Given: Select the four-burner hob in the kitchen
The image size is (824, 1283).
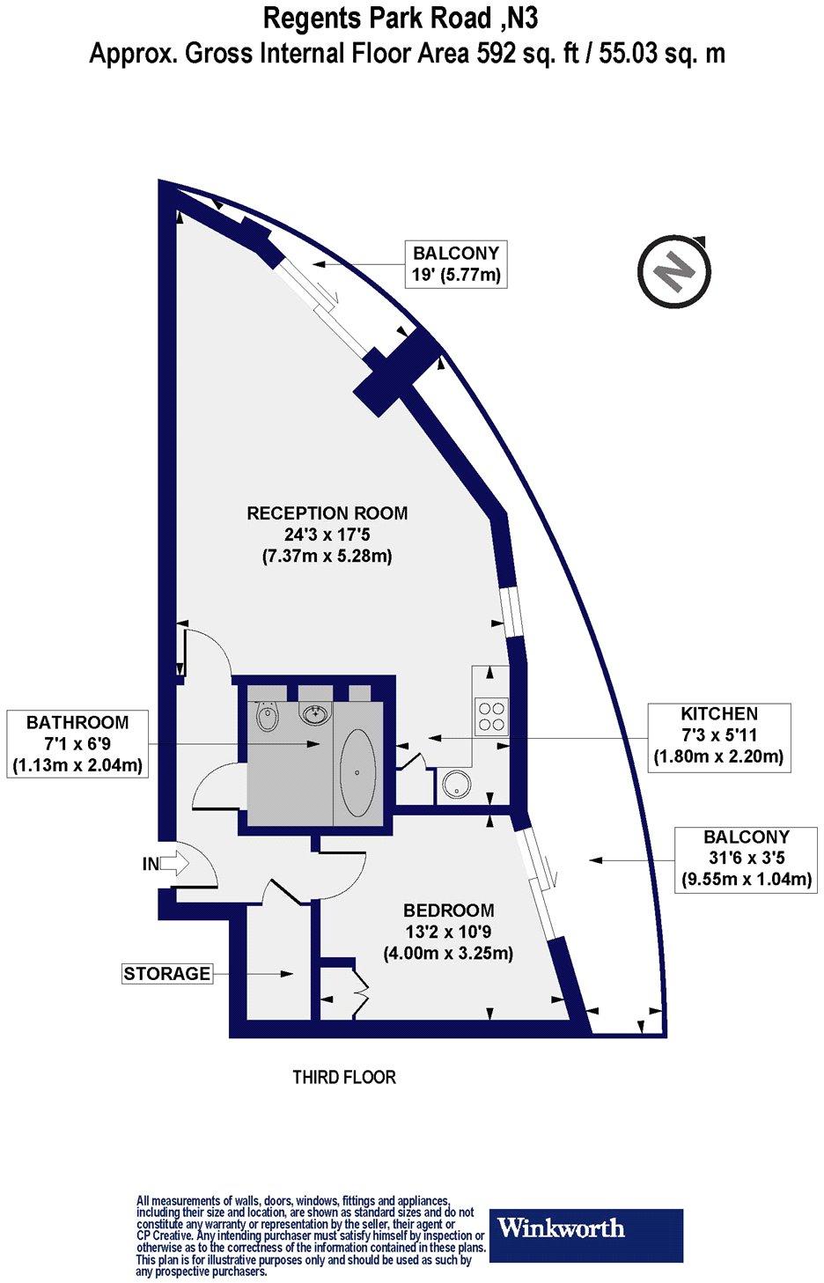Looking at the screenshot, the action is click(491, 715).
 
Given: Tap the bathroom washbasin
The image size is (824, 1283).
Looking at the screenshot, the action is click(314, 713).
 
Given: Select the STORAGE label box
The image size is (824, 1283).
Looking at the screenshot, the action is click(167, 973).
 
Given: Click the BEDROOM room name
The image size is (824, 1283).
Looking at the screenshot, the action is click(449, 911).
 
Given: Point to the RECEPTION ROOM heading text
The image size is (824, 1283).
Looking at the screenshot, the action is click(327, 513).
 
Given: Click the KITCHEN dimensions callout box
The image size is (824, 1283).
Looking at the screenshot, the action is click(718, 734).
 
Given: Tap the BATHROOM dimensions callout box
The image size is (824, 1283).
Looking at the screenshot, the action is click(77, 744).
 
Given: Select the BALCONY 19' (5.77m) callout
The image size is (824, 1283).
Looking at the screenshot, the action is click(455, 263).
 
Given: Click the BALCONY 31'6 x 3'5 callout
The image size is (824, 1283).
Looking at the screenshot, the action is click(746, 858).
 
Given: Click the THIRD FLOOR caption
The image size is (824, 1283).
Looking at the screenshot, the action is click(344, 1077).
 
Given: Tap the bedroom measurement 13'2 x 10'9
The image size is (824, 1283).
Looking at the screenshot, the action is click(449, 932).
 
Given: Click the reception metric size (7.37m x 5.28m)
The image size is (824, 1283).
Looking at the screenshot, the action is click(327, 557).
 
